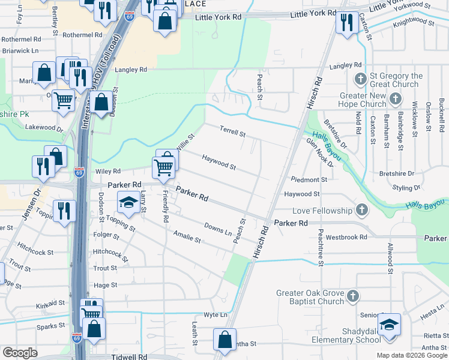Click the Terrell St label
coord(232,131)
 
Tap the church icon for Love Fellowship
coord(361,210)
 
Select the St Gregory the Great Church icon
coord(361,79)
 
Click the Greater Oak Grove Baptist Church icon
coord(353,296)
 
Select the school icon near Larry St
coord(128,202)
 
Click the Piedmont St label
coord(309,179)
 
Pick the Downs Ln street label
coord(217,229)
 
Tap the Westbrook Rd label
coord(346,237)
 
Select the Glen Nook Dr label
coord(319,152)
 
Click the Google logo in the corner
coord(20,353)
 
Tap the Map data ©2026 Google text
coord(411,355)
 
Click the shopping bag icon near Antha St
coord(224,339)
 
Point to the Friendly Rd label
coord(165,206)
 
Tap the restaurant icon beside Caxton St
coord(346,23)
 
